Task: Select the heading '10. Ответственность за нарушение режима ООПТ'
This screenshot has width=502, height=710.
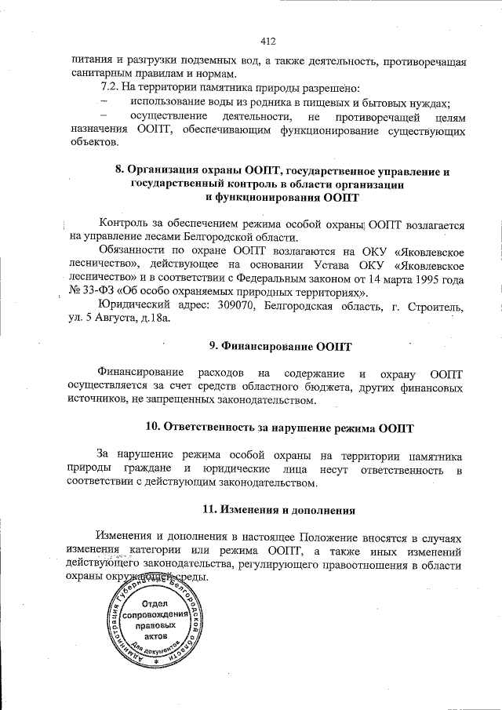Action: (x=280, y=428)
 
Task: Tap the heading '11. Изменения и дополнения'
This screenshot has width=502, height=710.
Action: (x=279, y=509)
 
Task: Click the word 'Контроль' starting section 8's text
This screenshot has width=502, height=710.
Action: (x=120, y=224)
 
